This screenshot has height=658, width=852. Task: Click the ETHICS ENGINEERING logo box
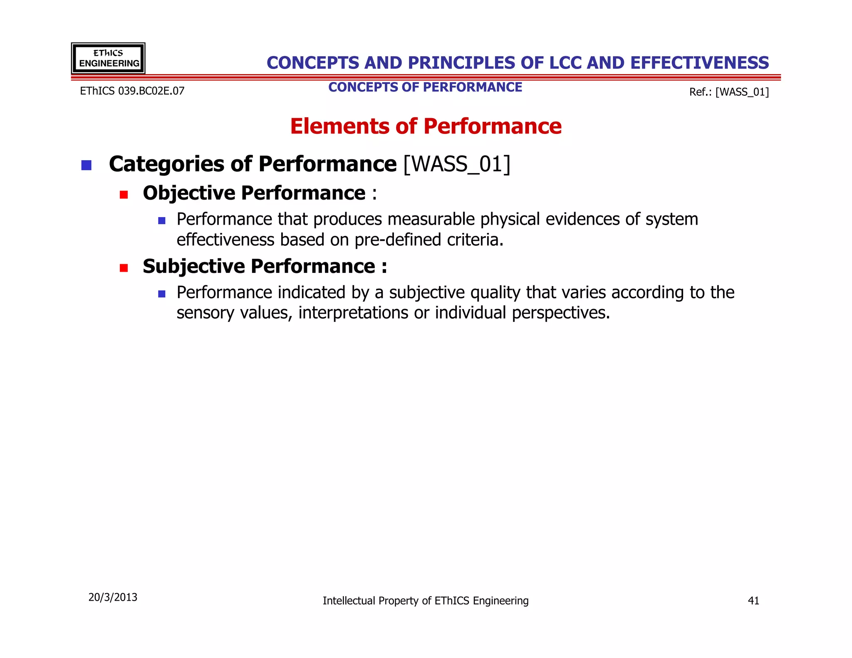[x=108, y=58]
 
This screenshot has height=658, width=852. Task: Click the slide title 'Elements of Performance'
[x=426, y=126]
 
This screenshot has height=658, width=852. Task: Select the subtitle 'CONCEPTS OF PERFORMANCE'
[x=425, y=87]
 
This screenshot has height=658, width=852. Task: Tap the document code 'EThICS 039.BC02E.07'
[x=132, y=91]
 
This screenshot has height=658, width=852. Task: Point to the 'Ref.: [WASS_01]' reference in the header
[x=729, y=92]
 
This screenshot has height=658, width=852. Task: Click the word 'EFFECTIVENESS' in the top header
[x=699, y=63]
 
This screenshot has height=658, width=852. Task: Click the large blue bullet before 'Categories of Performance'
[x=87, y=165]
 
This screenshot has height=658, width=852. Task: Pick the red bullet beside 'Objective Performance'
[x=124, y=195]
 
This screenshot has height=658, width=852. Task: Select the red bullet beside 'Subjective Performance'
[x=124, y=268]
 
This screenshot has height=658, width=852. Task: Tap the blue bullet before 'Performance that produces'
[x=162, y=221]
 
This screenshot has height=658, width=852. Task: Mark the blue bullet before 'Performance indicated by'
[x=162, y=294]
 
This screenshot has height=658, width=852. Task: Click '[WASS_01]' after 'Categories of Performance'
[x=457, y=164]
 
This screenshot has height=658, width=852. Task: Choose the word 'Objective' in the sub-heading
[x=189, y=193]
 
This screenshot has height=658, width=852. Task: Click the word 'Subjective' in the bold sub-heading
[x=194, y=266]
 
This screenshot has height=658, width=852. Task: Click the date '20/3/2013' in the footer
[x=113, y=597]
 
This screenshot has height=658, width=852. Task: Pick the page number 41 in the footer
[x=753, y=601]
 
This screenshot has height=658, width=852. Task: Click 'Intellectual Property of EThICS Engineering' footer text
[x=426, y=601]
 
